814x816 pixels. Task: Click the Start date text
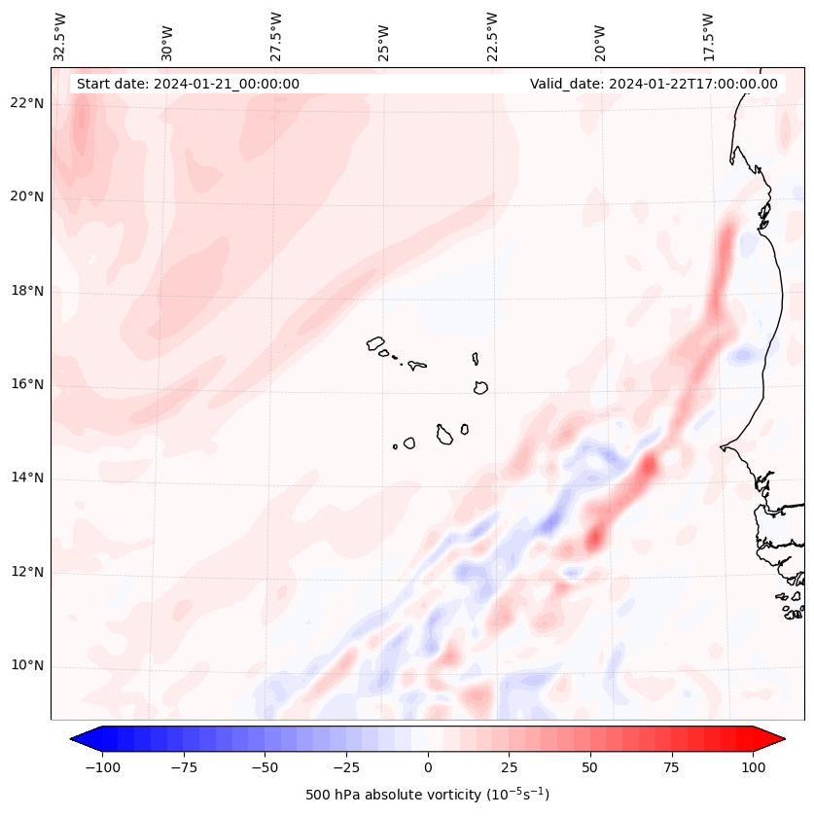click(188, 84)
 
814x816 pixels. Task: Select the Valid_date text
click(654, 84)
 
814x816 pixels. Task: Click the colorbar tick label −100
click(102, 767)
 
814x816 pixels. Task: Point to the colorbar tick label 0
click(428, 767)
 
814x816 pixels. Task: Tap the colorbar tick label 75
click(672, 767)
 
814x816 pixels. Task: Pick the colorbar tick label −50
click(265, 767)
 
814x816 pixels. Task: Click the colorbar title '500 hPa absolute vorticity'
click(428, 795)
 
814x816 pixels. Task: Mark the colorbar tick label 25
click(510, 767)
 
